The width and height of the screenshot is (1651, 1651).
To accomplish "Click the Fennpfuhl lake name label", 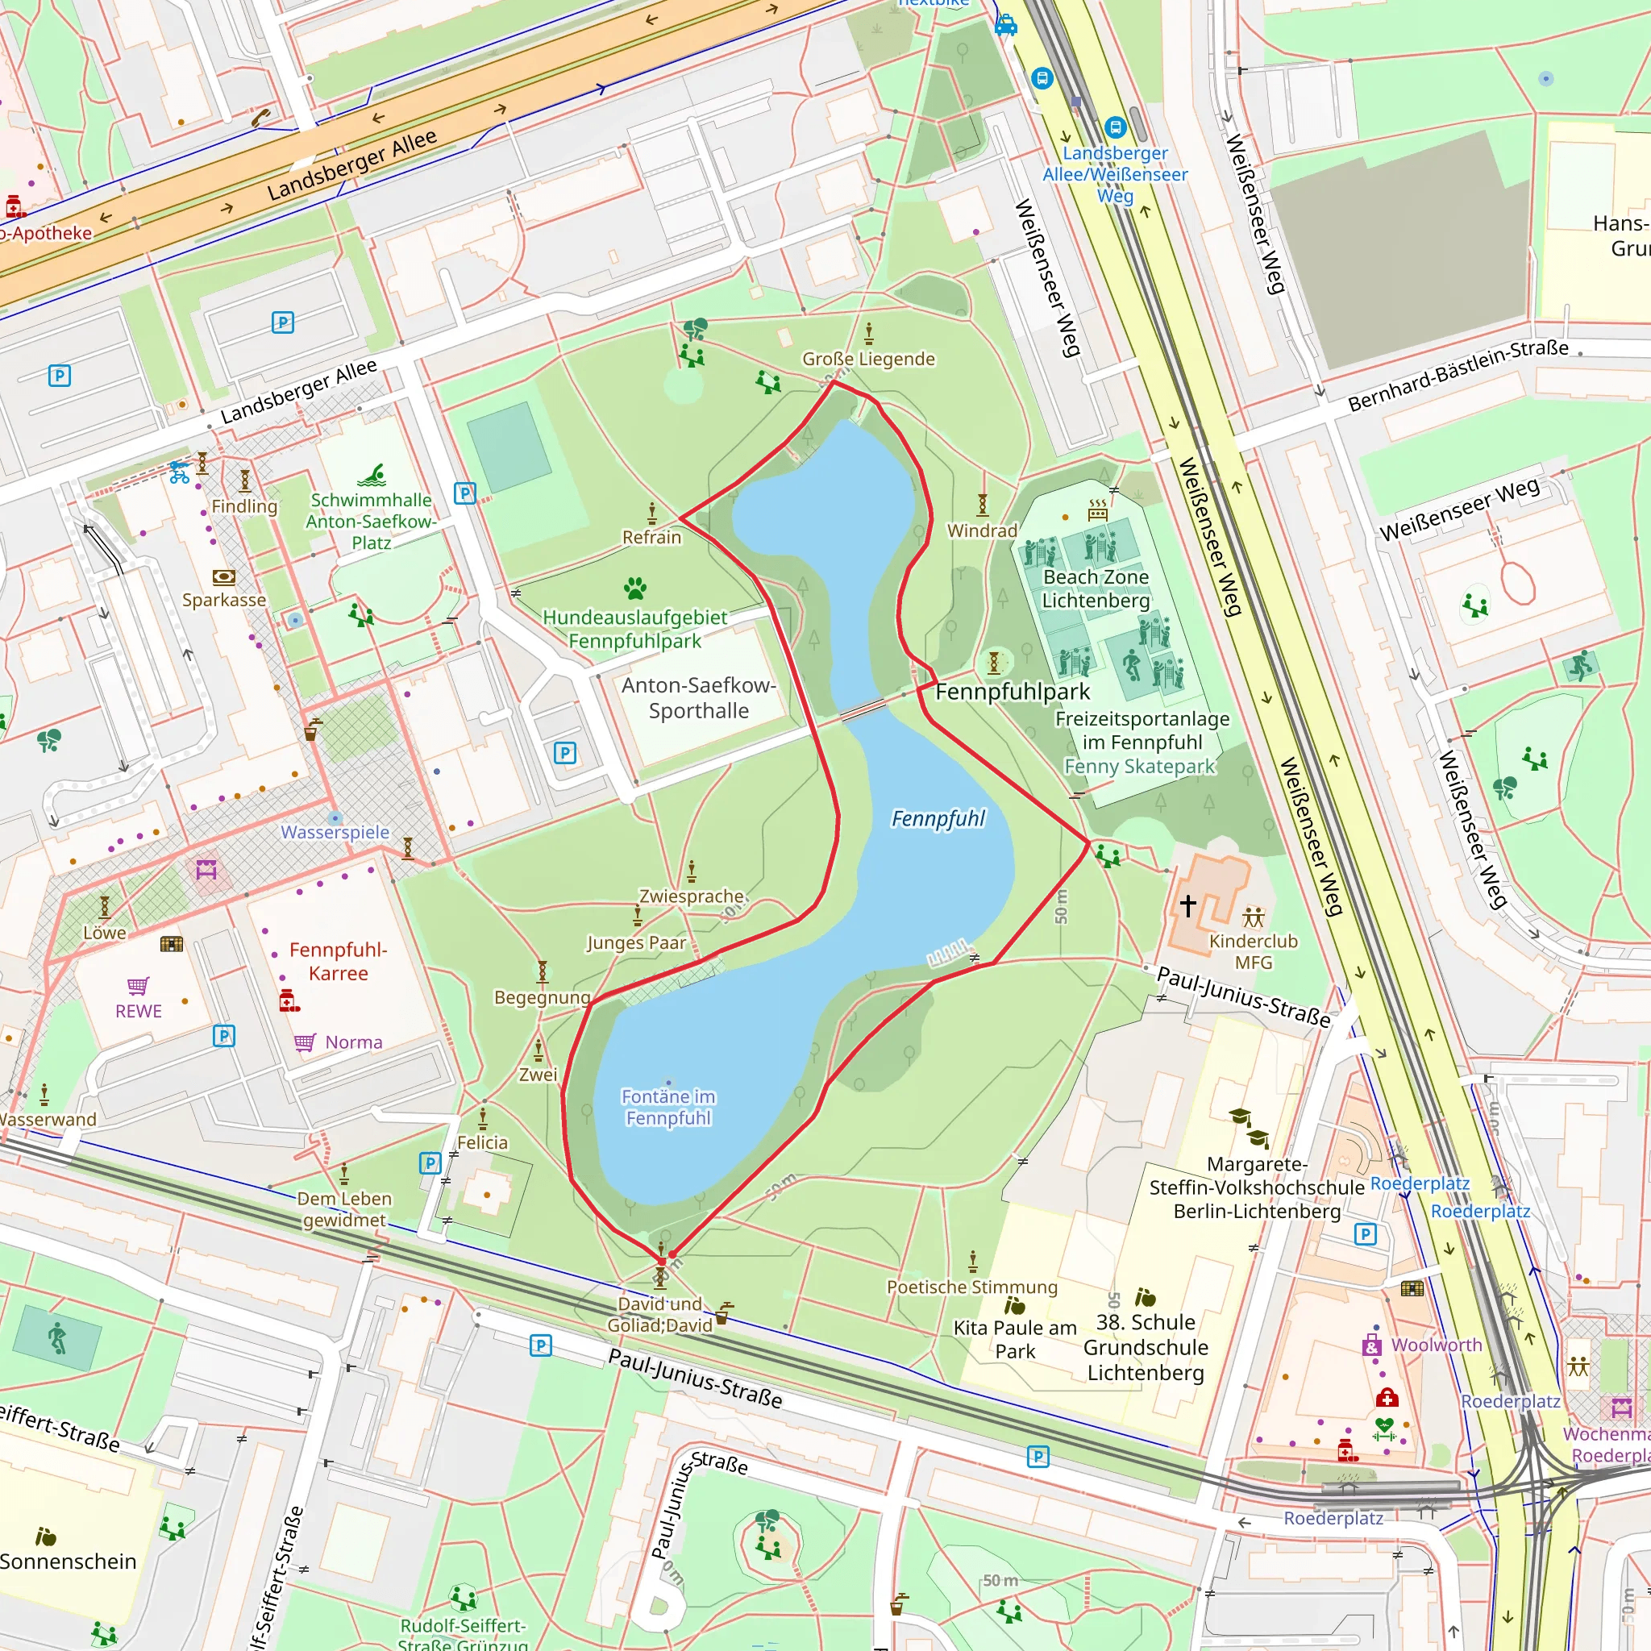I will pyautogui.click(x=938, y=819).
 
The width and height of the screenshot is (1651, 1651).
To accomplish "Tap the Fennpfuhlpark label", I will pyautogui.click(x=1013, y=692).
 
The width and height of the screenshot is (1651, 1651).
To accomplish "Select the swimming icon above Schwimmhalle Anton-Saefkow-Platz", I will pyautogui.click(x=372, y=475).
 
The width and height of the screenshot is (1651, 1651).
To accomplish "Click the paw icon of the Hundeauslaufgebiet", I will pyautogui.click(x=635, y=588).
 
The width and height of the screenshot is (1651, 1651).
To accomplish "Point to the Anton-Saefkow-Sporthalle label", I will pyautogui.click(x=698, y=697).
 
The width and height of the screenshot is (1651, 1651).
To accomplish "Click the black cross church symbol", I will pyautogui.click(x=1187, y=905).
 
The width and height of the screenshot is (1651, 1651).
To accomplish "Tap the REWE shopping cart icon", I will pyautogui.click(x=139, y=986).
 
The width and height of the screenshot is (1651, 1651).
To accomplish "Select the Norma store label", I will pyautogui.click(x=353, y=1042).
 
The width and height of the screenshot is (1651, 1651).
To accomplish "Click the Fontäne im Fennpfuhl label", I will pyautogui.click(x=668, y=1107).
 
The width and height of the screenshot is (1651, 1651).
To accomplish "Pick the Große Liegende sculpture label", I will pyautogui.click(x=868, y=359).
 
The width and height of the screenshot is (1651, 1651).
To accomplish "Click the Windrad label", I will pyautogui.click(x=982, y=530).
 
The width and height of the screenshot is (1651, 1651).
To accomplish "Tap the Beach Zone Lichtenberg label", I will pyautogui.click(x=1096, y=588).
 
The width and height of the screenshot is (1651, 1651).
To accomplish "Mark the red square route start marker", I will pyautogui.click(x=661, y=1262).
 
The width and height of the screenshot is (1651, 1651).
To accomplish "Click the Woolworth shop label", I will pyautogui.click(x=1437, y=1344).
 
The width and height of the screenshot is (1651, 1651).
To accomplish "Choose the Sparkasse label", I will pyautogui.click(x=224, y=600).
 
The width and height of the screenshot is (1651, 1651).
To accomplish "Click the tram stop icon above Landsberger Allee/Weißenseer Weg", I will pyautogui.click(x=1114, y=127).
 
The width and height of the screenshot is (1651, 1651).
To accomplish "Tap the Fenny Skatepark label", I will pyautogui.click(x=1139, y=767).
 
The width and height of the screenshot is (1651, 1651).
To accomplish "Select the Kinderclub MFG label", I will pyautogui.click(x=1253, y=951).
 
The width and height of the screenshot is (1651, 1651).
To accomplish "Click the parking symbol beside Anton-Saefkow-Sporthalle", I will pyautogui.click(x=565, y=753).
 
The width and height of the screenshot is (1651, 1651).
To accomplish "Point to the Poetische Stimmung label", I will pyautogui.click(x=971, y=1287).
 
